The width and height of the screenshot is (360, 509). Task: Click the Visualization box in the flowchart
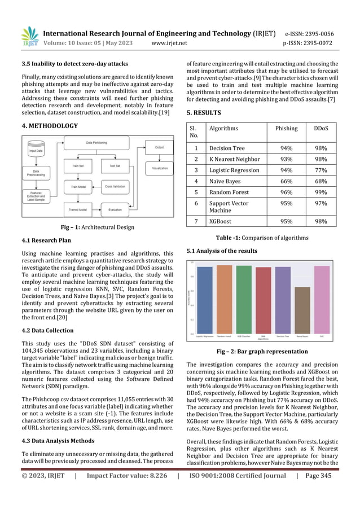(x=159, y=168)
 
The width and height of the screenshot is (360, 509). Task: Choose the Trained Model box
(x=77, y=209)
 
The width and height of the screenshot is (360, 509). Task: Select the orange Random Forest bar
(x=224, y=299)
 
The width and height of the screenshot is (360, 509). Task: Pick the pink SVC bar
(x=322, y=299)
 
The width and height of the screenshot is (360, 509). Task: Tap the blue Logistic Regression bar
(x=205, y=300)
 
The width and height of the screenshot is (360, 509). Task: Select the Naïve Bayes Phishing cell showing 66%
(x=286, y=181)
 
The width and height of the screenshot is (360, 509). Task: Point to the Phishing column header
(x=286, y=129)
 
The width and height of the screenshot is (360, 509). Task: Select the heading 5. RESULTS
(x=204, y=112)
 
